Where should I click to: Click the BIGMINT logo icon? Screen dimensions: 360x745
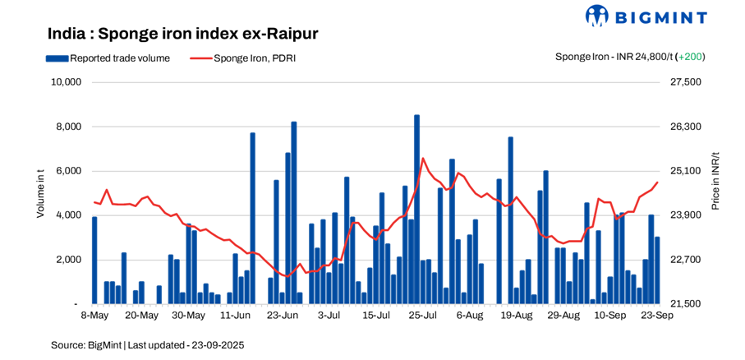coord(596,15)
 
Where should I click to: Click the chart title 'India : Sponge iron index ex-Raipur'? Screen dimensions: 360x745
coord(182,34)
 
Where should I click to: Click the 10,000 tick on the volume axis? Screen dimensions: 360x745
coord(65,82)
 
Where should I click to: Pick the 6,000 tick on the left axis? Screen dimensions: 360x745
coord(68,171)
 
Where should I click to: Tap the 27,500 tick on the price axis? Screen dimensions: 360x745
coord(687,82)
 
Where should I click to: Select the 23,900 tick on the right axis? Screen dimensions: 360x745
coord(687,215)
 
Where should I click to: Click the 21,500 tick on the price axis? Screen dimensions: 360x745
coord(687,304)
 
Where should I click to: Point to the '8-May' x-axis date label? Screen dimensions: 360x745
coord(94,316)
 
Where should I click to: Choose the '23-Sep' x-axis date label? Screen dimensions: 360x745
coord(657,316)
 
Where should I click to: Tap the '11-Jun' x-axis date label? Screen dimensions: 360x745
coord(236,316)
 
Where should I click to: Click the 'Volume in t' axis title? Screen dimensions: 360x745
coord(40,193)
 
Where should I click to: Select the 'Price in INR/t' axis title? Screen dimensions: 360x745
coord(716,181)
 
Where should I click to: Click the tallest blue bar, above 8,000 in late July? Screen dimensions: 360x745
coord(417,210)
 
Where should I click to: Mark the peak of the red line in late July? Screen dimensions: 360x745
coord(422,159)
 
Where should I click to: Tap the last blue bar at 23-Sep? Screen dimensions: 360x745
coord(657,270)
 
